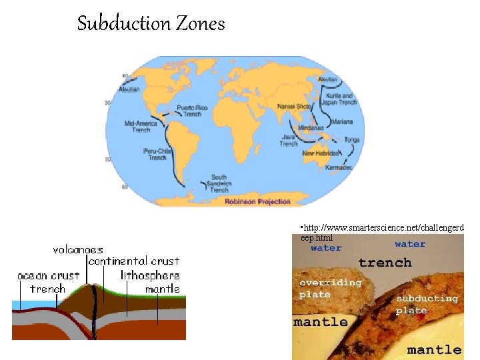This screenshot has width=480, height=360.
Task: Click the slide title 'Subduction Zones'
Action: tap(151, 24)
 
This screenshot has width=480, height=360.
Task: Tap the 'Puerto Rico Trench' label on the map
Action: tap(192, 111)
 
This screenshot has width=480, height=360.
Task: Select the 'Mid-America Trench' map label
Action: tap(141, 126)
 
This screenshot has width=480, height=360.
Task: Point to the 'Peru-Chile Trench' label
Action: tap(157, 154)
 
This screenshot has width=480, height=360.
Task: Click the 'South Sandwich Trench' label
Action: tap(219, 183)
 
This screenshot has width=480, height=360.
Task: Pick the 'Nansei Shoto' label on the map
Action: tap(294, 106)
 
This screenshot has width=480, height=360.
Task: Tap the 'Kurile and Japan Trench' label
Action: tap(339, 99)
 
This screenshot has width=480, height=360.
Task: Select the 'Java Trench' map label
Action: tap(289, 139)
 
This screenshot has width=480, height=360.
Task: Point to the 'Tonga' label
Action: tap(352, 140)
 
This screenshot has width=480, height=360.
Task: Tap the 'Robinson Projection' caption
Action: tap(257, 201)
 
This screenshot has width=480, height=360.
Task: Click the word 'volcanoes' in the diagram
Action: tap(78, 249)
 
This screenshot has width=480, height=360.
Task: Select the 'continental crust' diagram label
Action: tap(133, 261)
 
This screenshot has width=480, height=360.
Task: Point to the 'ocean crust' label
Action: tap(48, 275)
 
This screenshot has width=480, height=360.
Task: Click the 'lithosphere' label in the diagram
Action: tap(150, 275)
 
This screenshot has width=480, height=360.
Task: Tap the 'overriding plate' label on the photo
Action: tap(330, 288)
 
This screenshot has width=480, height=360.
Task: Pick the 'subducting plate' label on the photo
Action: tap(427, 304)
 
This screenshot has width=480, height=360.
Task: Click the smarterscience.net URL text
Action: tap(382, 232)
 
